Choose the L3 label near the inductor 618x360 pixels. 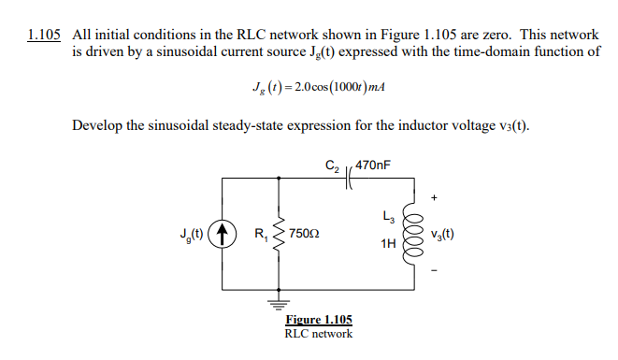(387, 219)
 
